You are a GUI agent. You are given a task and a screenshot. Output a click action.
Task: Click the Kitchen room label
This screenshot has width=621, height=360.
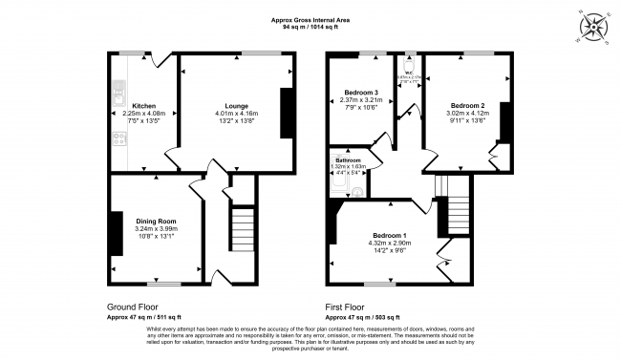click(143, 105)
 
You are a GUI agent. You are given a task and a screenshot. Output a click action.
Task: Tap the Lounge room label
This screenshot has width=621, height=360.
click(237, 105)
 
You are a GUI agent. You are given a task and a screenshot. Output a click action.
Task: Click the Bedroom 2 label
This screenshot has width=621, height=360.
click(468, 105)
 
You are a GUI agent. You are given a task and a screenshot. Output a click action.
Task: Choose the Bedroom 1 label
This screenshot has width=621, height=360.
click(389, 235)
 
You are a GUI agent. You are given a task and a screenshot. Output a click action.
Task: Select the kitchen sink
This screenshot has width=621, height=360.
click(118, 93)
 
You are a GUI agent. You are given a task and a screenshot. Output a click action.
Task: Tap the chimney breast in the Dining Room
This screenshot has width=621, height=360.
click(115, 233)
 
